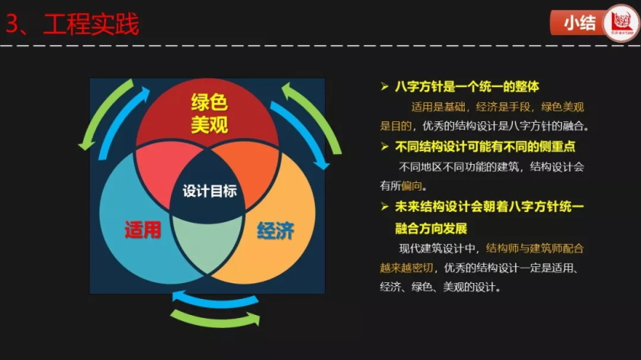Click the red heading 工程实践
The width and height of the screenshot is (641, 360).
pos(91,24)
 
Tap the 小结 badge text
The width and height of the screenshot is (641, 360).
pos(580,23)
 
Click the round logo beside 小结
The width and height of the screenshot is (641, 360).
pos(621,23)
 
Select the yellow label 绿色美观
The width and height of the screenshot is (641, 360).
pos(209,113)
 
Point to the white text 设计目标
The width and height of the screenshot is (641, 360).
pos(209,191)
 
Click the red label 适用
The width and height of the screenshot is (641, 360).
pos(143,230)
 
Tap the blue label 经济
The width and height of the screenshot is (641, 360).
pos(275,231)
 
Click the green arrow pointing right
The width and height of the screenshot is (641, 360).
pos(215,320)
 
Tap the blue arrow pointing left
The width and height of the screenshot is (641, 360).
pos(215,300)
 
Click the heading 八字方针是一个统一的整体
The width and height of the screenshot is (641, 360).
pos(467,87)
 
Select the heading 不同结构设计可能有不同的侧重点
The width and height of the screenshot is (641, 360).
pos(485,146)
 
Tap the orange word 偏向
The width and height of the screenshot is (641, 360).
pos(411,186)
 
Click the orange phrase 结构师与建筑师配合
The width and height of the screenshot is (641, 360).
pos(534,249)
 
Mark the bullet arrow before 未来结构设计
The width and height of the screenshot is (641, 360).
pos(385,207)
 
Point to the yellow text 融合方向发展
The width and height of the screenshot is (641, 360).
pos(431,228)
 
